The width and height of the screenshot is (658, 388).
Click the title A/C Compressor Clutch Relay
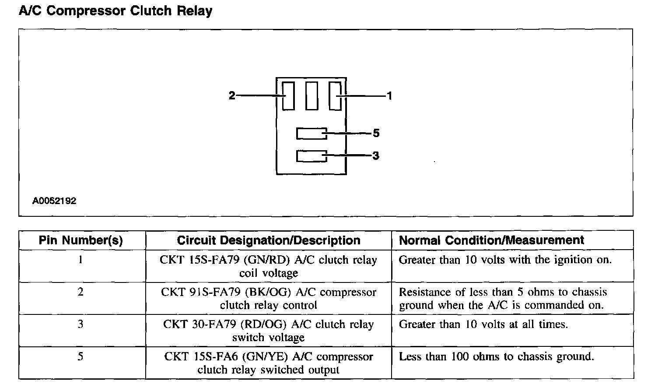coord(115,11)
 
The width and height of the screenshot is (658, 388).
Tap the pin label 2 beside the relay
coord(232,95)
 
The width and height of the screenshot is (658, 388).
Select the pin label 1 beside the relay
coord(389,95)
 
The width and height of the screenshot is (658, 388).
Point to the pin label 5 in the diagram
coord(376,133)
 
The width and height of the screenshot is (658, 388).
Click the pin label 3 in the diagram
coord(376,155)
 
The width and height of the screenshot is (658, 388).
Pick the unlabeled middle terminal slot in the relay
coord(311,96)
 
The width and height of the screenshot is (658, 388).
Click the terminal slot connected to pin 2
coord(288,96)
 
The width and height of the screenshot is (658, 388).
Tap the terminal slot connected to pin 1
coord(335,96)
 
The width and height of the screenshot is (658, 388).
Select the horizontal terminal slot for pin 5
coord(311,133)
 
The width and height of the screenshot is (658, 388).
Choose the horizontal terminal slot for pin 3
coord(311,156)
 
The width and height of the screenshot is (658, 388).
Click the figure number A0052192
coord(54,201)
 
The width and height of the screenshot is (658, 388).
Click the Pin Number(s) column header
coord(81,240)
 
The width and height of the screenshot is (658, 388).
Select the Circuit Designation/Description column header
coord(269,240)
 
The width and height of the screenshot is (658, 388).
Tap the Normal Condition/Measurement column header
coord(491,240)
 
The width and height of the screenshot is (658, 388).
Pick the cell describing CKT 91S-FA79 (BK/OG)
coord(269,299)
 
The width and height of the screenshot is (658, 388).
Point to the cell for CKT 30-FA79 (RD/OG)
coord(269,331)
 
